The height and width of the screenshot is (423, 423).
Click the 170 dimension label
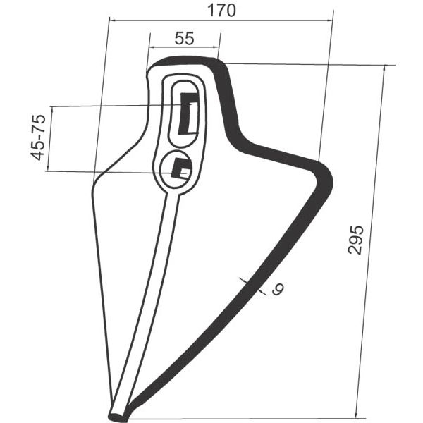[x=221, y=11]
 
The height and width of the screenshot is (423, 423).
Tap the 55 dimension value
[x=184, y=38]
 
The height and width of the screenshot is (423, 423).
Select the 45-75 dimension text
[x=38, y=137]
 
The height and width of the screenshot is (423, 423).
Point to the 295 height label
[x=355, y=240]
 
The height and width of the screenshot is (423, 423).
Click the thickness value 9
[x=278, y=289]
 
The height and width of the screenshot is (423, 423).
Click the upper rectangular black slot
[x=188, y=114]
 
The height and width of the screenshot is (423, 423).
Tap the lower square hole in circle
[x=181, y=168]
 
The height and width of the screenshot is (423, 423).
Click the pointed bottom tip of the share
[x=117, y=418]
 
